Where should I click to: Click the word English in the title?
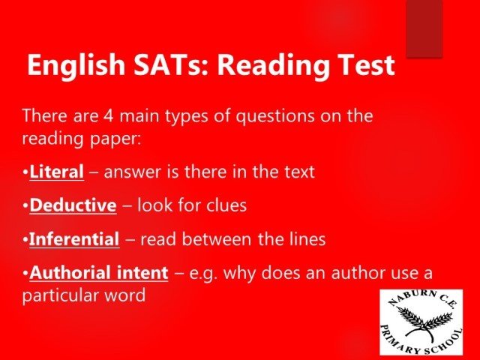coord(76,65)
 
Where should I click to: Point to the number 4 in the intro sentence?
coord(108,116)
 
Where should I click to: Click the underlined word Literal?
coord(57,172)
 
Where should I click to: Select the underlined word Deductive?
coord(73,205)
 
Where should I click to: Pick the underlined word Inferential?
coord(74,239)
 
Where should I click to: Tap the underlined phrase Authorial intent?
coord(99,273)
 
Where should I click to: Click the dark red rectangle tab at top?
coord(424,28)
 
